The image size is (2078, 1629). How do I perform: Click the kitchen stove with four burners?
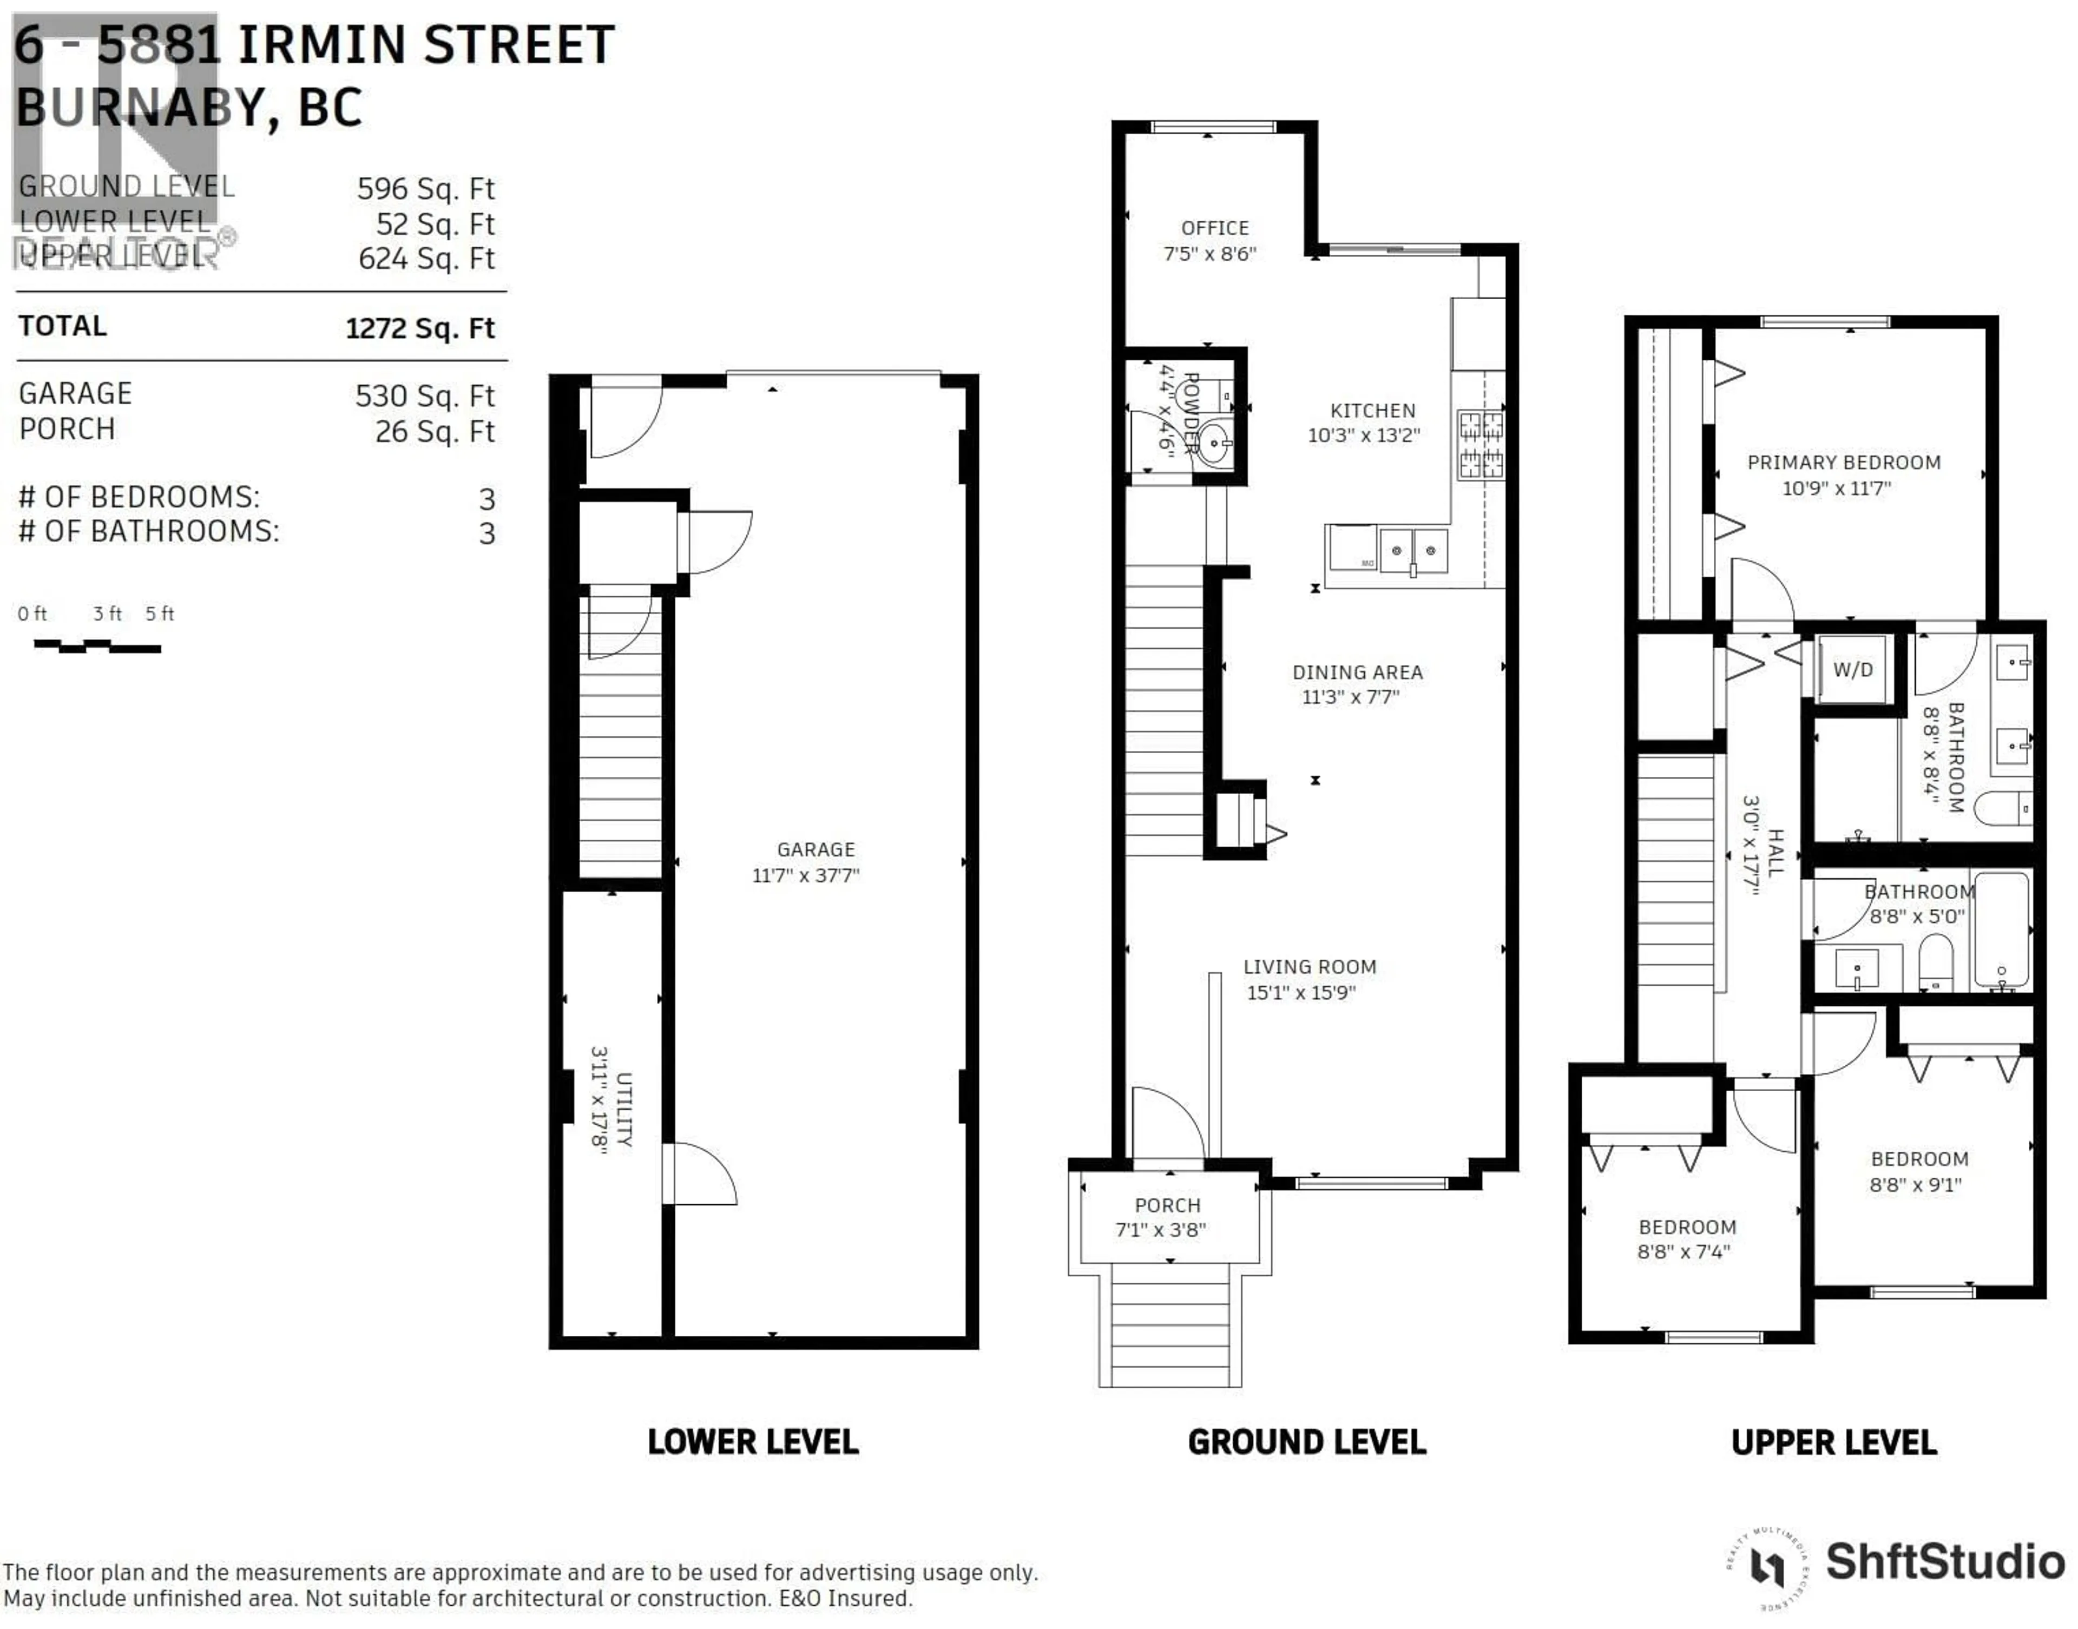(1480, 445)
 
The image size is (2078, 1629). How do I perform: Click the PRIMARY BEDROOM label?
(1843, 463)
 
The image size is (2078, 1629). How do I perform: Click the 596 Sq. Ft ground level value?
(425, 189)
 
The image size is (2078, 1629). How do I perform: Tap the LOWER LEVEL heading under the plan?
(753, 1442)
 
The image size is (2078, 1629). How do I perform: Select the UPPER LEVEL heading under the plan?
(1833, 1442)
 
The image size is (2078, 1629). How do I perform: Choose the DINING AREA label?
(1357, 672)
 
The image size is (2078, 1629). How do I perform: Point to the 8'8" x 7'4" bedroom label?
(1686, 1228)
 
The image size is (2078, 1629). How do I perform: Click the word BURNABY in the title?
(139, 107)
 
